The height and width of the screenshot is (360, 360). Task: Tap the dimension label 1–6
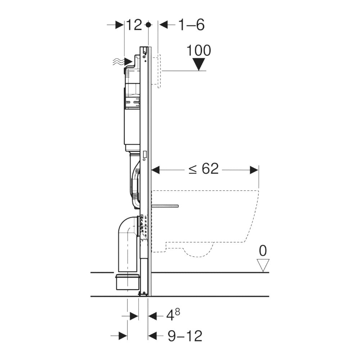coord(191,25)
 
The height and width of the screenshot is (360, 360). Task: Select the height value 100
coord(198,51)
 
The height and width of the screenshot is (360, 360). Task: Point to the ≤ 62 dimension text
coord(204,168)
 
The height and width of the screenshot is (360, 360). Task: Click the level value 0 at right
coord(264,250)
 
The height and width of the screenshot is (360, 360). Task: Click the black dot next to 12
coord(148,25)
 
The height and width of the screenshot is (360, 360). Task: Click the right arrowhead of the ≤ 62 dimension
coord(255,169)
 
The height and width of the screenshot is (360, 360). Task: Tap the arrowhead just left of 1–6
coord(163,25)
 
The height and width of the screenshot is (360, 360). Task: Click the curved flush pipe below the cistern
coord(135,184)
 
